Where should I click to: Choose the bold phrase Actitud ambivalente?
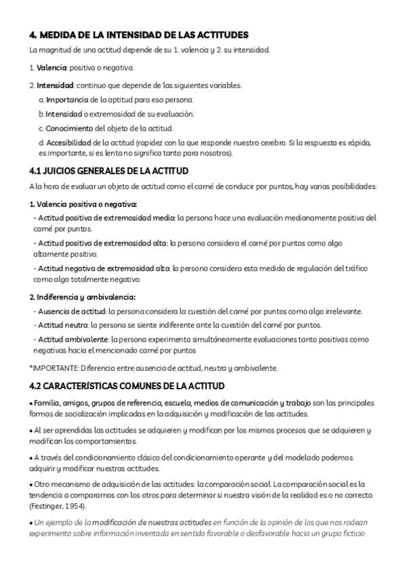point(72,339)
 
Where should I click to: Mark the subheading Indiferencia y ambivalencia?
point(86,297)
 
